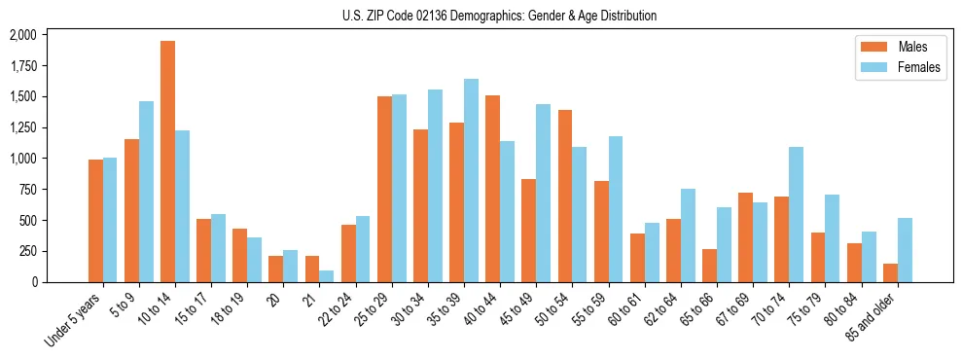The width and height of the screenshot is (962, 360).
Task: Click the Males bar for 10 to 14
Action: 167,162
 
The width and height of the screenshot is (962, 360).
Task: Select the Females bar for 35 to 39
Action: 471,180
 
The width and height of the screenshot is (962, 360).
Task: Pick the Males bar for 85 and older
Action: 890,272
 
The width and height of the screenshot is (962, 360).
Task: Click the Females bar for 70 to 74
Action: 796,214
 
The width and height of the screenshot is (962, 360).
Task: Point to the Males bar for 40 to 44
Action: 492,189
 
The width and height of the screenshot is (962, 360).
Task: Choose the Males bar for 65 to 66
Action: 709,266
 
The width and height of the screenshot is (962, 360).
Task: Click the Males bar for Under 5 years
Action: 95,221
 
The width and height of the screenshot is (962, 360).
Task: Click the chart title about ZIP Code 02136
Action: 499,16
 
